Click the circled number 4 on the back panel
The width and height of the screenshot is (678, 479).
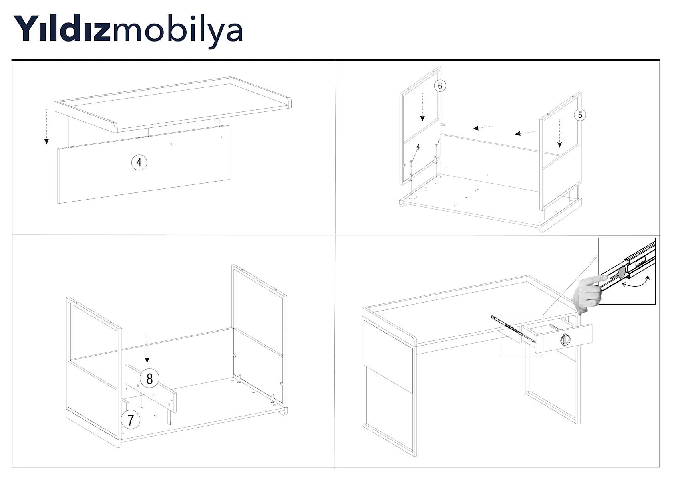click(x=139, y=163)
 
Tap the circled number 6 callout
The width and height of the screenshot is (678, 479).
click(x=440, y=86)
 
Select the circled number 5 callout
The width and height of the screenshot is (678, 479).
click(x=580, y=115)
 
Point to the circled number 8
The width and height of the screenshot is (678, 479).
click(x=149, y=378)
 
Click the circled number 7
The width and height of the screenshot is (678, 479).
click(x=131, y=420)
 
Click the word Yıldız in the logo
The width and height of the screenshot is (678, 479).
click(x=62, y=28)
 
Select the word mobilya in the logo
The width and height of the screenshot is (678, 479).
click(x=178, y=32)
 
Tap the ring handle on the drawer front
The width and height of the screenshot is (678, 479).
click(x=565, y=339)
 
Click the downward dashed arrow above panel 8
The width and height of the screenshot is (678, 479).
click(x=147, y=348)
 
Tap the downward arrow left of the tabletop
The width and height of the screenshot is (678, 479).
click(x=46, y=127)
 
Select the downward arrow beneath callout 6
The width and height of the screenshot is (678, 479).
click(x=422, y=107)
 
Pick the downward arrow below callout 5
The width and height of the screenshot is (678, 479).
click(x=559, y=133)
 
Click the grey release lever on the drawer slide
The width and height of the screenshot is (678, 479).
click(x=621, y=272)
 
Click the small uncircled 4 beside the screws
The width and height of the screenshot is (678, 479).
click(x=418, y=147)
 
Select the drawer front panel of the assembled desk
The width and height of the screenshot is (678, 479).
click(x=563, y=338)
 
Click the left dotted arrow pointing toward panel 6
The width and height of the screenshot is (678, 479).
click(x=483, y=127)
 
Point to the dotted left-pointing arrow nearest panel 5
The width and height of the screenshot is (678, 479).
click(x=525, y=133)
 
